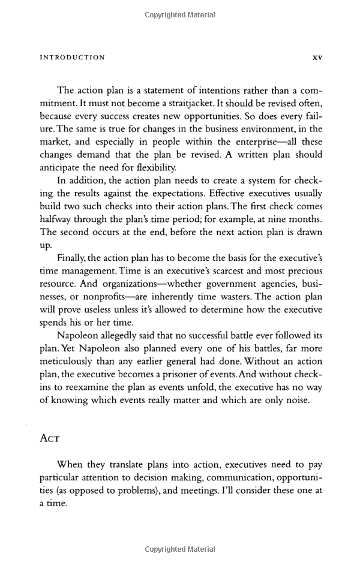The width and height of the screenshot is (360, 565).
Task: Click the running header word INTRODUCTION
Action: pyautogui.click(x=72, y=58)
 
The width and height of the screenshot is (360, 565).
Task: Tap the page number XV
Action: pyautogui.click(x=317, y=58)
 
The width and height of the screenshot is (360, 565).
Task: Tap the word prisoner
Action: pyautogui.click(x=210, y=375)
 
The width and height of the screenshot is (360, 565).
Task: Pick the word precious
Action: pyautogui.click(x=307, y=271)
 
